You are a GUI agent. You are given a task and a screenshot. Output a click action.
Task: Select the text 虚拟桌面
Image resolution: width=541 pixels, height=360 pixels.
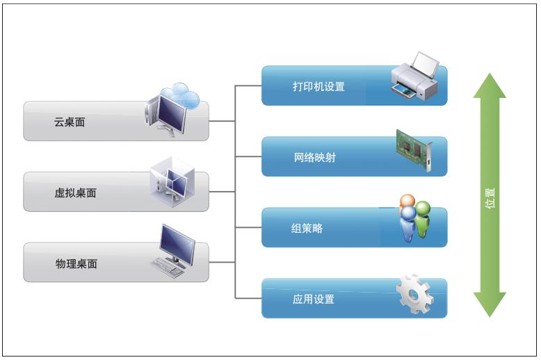click(x=75, y=193)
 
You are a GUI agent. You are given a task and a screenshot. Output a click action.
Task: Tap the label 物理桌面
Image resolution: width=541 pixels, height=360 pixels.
click(x=76, y=263)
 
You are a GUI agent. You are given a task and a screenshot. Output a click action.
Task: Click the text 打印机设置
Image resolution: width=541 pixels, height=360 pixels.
click(x=318, y=87)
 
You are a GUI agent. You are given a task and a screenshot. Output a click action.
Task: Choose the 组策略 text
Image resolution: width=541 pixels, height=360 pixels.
click(x=307, y=229)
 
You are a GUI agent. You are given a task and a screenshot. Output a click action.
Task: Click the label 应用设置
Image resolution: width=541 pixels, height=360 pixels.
click(x=314, y=300)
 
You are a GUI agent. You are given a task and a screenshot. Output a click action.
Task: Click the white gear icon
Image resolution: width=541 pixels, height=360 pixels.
click(x=414, y=295)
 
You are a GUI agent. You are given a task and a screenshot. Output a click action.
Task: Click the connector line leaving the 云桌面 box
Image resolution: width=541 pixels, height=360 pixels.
click(x=223, y=121)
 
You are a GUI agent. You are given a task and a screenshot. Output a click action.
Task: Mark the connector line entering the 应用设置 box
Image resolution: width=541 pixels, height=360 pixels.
click(x=248, y=298)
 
